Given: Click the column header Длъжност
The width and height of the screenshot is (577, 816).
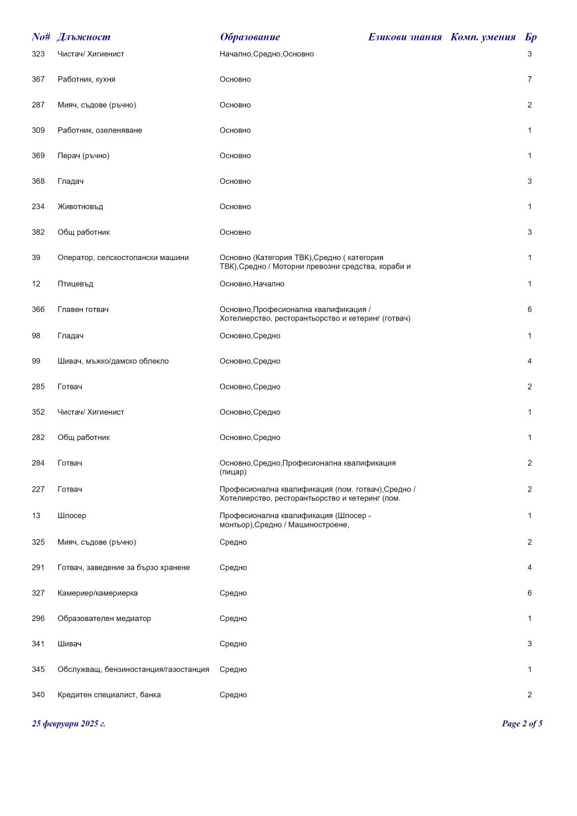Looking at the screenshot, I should tap(84, 37).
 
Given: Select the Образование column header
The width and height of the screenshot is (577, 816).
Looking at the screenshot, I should tap(249, 37).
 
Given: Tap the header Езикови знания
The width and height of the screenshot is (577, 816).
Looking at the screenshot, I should tap(405, 37).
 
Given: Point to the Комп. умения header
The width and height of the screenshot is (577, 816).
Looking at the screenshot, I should tap(483, 37).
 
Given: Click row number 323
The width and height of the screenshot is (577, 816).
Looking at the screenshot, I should tap(38, 54).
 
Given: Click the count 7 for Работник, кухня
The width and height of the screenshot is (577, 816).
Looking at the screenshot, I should tap(529, 80).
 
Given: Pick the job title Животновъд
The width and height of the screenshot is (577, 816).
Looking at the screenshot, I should tap(80, 207).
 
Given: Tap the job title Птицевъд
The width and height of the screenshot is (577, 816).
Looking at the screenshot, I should tap(76, 284).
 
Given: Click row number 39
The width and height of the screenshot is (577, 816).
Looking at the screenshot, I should tap(36, 257).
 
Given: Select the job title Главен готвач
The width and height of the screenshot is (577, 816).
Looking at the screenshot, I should tap(83, 310).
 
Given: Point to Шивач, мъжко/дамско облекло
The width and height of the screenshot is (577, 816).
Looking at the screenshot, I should tap(113, 362).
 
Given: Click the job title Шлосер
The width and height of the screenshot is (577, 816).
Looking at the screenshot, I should tap(72, 515).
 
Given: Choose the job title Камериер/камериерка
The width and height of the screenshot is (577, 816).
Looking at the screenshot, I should tap(97, 593).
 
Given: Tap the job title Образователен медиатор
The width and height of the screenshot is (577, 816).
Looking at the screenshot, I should tap(104, 618).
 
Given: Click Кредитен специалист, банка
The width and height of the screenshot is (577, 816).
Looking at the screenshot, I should tap(109, 695).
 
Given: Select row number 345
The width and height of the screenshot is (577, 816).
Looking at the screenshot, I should tap(38, 669).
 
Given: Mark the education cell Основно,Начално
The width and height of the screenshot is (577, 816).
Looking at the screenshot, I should tap(251, 284).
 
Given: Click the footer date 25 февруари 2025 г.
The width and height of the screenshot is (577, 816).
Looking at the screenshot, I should tap(68, 724).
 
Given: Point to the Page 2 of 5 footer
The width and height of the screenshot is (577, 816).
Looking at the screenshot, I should tap(522, 724).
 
